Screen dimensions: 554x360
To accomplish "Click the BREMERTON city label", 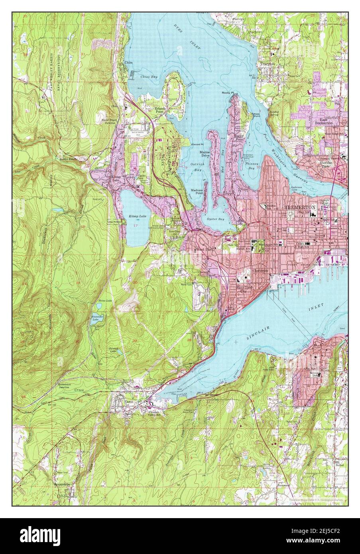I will (x=300, y=208).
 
